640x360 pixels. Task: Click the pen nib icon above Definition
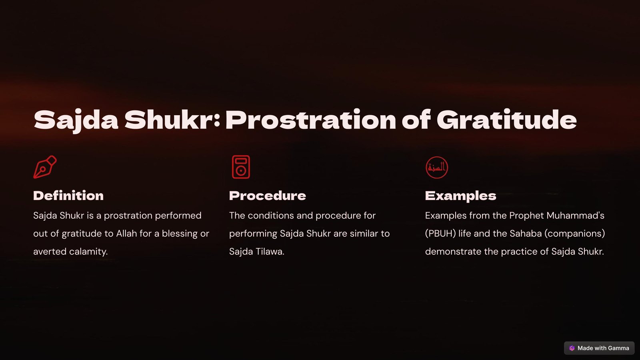click(45, 167)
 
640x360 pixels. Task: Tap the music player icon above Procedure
click(241, 167)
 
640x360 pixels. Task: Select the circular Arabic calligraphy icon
click(436, 168)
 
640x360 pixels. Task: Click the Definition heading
click(68, 196)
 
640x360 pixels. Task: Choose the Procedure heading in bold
click(268, 196)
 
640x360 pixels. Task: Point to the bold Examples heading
click(460, 196)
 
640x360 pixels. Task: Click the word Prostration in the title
click(311, 120)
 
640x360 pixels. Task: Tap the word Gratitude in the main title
click(506, 120)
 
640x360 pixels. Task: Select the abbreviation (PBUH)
click(440, 234)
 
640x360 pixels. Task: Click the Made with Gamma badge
click(599, 348)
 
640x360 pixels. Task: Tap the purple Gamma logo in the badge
click(572, 348)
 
